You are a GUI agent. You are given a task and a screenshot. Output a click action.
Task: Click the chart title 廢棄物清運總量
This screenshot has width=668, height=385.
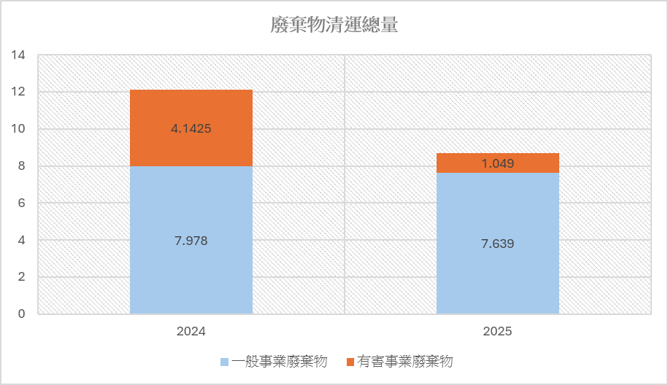(334, 25)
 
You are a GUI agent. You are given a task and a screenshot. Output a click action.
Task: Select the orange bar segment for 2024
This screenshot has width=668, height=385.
(191, 128)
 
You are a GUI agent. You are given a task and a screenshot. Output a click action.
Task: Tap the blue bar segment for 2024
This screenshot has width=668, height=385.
(191, 240)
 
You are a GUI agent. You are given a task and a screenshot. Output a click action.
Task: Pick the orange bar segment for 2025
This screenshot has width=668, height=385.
(498, 163)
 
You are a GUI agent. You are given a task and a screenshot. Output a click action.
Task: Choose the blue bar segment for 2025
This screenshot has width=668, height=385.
(498, 244)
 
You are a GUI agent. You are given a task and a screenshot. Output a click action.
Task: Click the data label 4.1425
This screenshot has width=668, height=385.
(191, 128)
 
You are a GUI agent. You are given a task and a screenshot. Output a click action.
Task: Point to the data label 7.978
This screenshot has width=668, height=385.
(191, 241)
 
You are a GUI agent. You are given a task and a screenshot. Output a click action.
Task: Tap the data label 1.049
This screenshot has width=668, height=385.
(498, 163)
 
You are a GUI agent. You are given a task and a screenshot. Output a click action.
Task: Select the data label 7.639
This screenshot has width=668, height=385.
(498, 244)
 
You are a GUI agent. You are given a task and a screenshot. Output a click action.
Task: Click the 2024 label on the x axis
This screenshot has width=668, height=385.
(191, 331)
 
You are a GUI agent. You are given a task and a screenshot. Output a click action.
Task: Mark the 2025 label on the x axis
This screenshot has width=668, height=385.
(497, 331)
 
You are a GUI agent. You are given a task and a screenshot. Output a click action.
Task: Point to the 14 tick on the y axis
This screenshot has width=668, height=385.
(18, 55)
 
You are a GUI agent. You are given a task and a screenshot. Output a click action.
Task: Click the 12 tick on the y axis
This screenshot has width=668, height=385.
(18, 91)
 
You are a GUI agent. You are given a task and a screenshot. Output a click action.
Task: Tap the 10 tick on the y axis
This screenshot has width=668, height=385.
(18, 128)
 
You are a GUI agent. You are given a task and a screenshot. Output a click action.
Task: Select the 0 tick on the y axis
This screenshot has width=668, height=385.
(22, 314)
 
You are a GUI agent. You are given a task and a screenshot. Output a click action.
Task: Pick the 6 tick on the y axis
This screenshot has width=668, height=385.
(22, 203)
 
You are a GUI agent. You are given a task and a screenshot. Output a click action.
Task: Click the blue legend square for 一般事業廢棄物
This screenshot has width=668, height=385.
(225, 362)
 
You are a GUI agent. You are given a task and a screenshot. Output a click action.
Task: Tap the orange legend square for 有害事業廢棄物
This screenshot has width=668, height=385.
(350, 362)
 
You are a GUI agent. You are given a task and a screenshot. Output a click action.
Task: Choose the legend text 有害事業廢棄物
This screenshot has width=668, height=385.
(404, 362)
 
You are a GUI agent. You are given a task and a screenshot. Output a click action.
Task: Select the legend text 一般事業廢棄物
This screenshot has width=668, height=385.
(280, 362)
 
